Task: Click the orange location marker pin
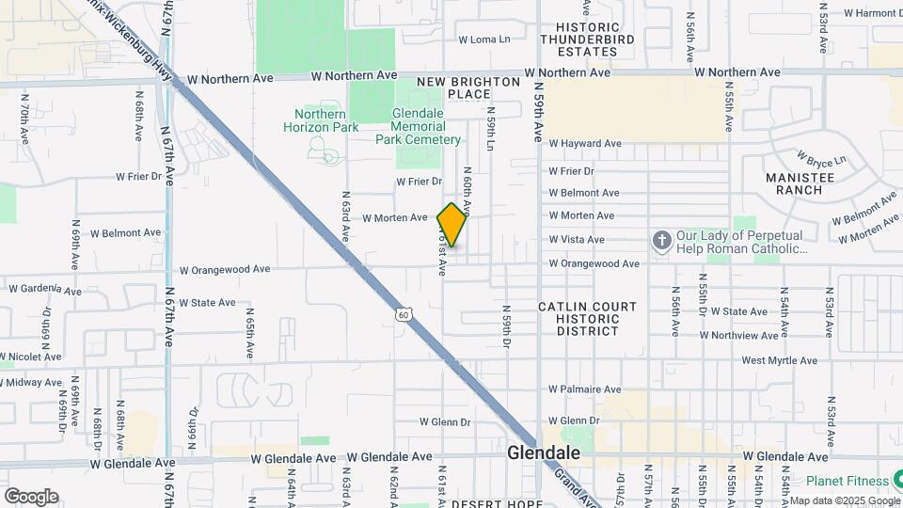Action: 451,225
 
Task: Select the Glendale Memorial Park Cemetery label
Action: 419,126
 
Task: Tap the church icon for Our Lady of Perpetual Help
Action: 661,242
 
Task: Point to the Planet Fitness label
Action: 840,481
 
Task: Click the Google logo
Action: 31,496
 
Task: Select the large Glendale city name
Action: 543,452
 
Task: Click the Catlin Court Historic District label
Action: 587,319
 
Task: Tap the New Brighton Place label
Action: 468,87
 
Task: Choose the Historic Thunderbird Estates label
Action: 587,40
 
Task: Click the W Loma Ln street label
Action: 483,40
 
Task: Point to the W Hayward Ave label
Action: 585,144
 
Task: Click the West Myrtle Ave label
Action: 779,360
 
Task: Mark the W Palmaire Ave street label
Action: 585,389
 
